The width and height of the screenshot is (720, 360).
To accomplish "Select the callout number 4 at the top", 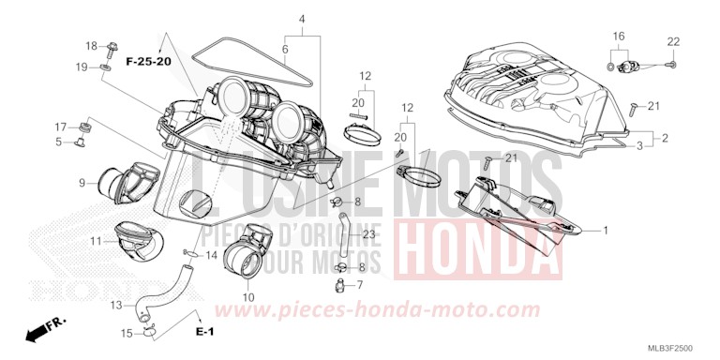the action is tap(302, 19).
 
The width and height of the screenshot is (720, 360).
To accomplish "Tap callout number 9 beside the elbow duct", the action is tap(82, 182).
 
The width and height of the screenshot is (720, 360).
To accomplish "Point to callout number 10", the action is tap(248, 297).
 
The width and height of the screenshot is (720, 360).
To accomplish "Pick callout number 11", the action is tap(96, 242).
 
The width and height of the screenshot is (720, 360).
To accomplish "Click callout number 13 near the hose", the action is tap(115, 305).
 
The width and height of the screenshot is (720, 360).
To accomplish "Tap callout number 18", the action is tap(91, 46).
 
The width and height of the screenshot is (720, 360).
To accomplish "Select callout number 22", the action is tap(673, 41).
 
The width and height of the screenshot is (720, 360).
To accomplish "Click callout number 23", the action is tap(367, 234).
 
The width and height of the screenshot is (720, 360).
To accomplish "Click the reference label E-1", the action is tap(204, 333).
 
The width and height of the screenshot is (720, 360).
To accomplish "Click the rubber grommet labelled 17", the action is tap(86, 127).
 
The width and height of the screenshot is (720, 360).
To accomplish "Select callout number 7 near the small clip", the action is tap(359, 284).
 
